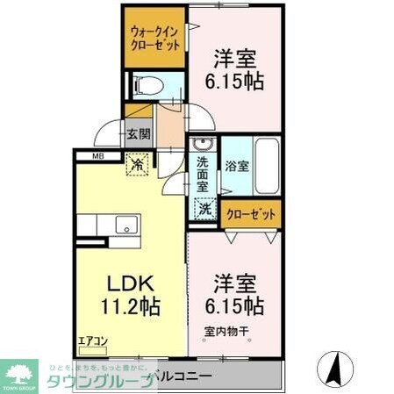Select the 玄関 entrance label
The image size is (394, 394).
pyautogui.click(x=138, y=134)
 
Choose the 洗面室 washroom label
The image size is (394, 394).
pyautogui.click(x=203, y=173)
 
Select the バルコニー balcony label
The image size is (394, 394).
pyautogui.click(x=181, y=376)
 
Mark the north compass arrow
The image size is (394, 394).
pyautogui.click(x=334, y=367)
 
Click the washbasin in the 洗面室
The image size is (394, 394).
pyautogui.click(x=201, y=143)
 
